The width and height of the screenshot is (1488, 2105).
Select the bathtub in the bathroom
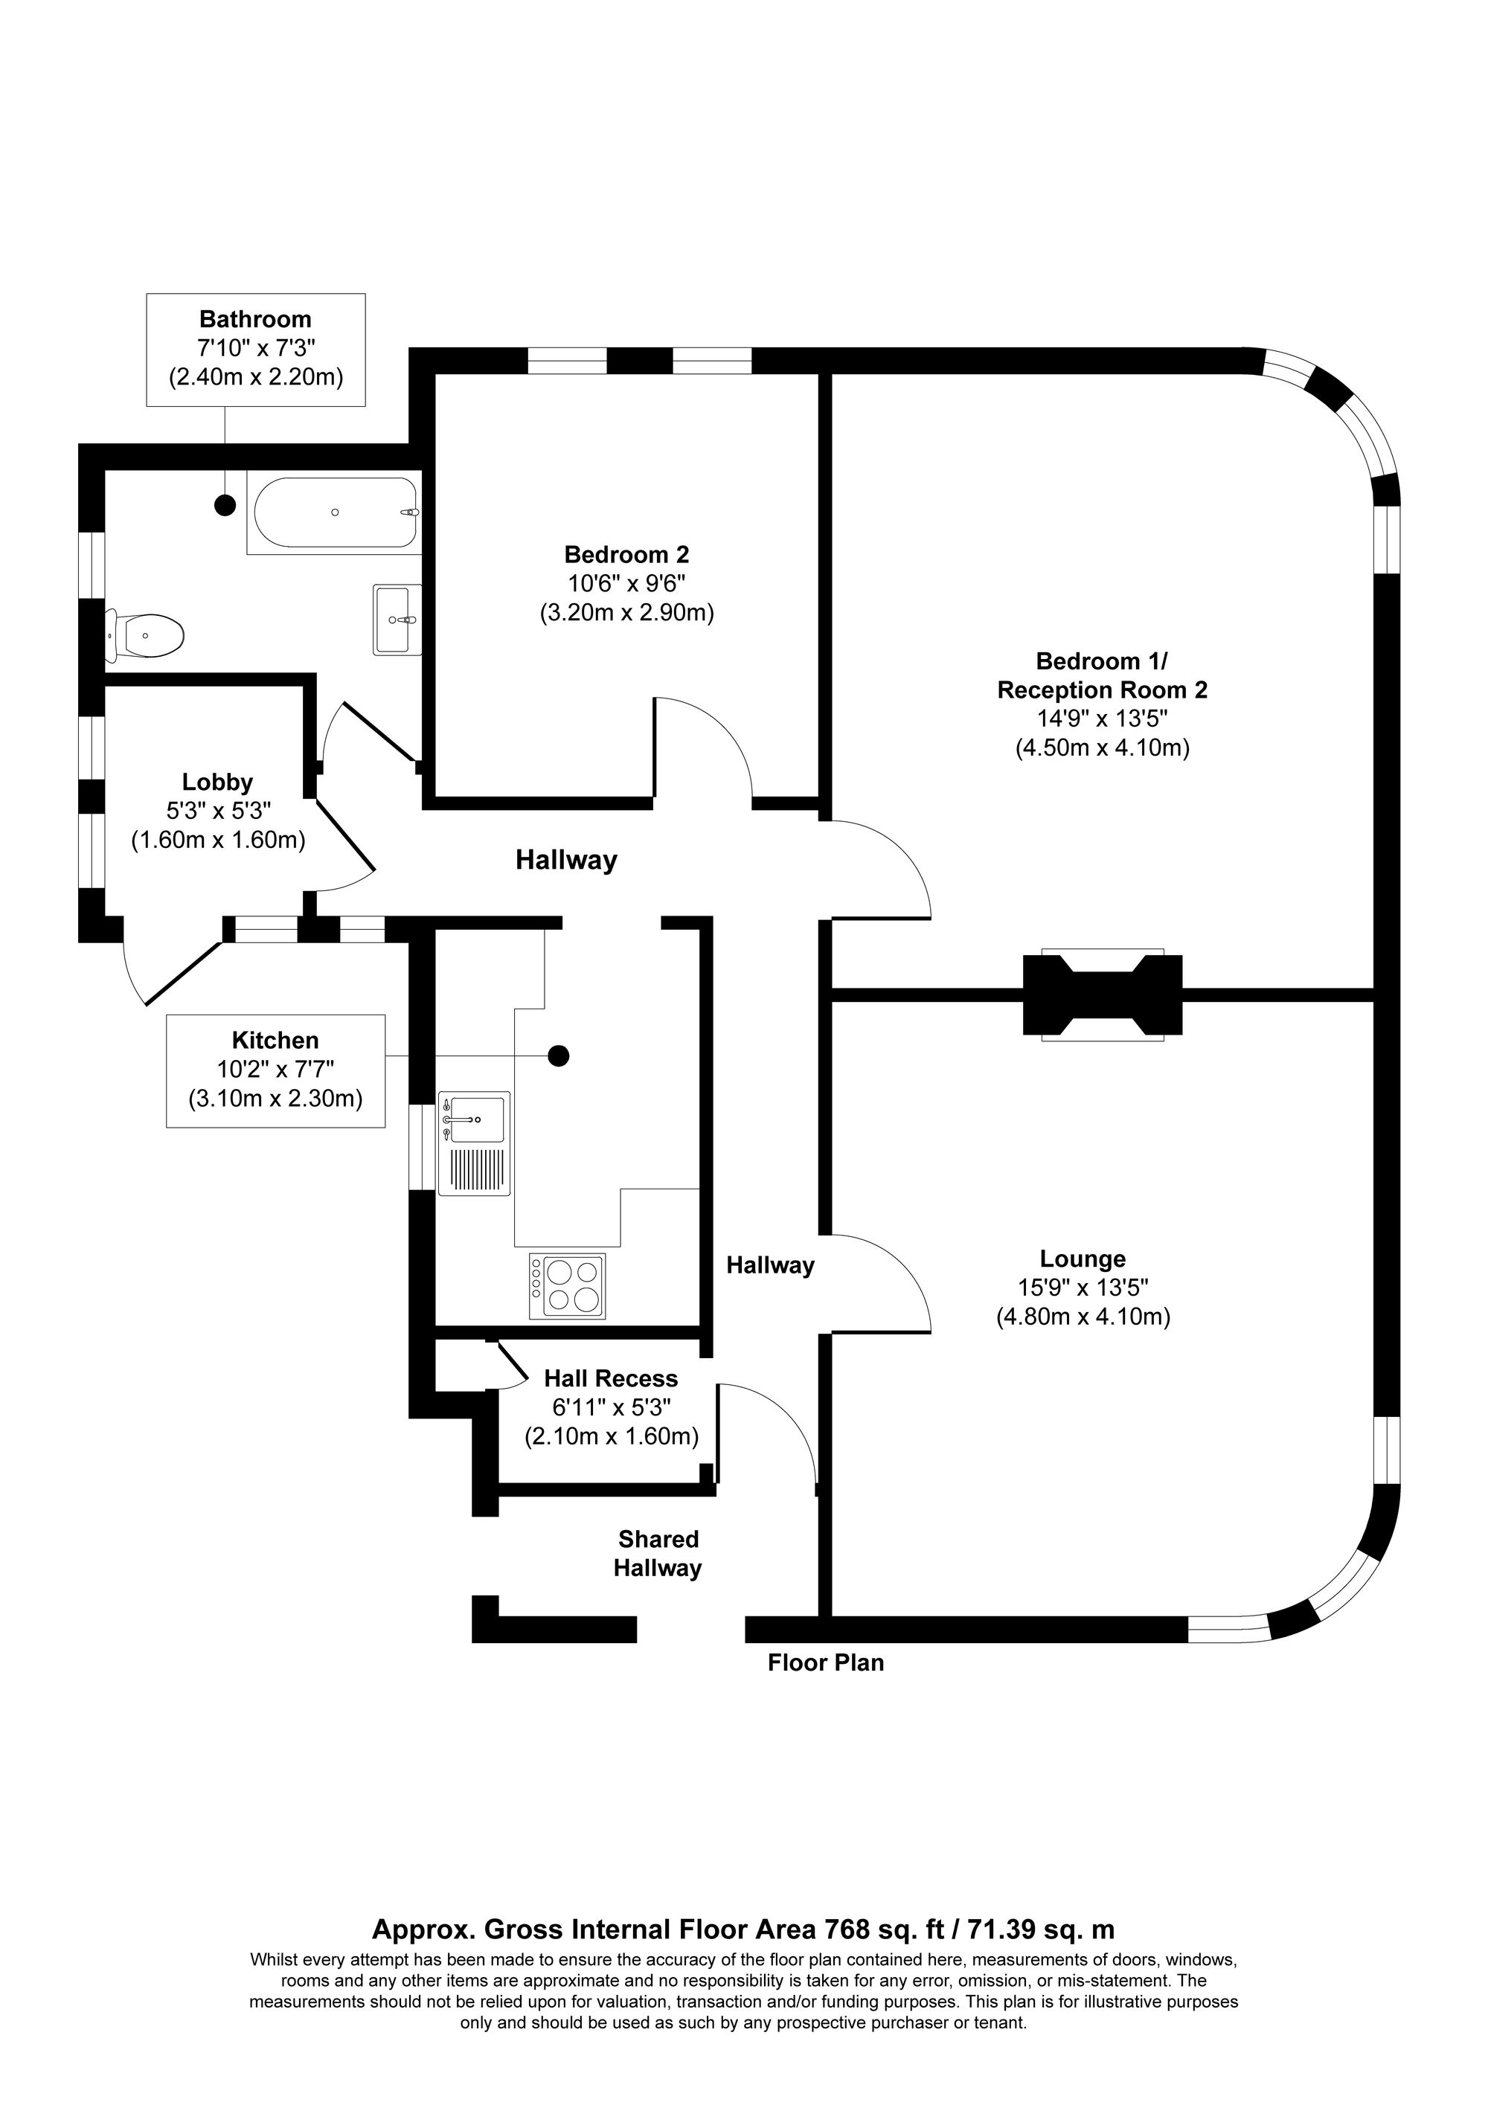[x=336, y=513]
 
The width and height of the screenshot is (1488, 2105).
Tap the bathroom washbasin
[x=398, y=620]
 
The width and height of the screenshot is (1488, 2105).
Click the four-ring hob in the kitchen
[x=568, y=1286]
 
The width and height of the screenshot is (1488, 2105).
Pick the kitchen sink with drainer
[x=474, y=1143]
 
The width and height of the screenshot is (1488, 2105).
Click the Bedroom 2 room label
[x=626, y=555]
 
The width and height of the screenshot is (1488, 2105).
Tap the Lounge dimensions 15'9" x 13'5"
[x=1083, y=1288]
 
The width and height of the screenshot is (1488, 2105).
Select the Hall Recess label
[x=611, y=1378]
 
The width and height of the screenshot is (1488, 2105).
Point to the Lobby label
[x=217, y=782]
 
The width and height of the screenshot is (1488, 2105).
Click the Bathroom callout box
[x=256, y=350]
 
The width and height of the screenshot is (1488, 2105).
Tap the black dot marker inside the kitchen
[x=557, y=1056]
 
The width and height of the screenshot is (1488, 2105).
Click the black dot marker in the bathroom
[x=225, y=504]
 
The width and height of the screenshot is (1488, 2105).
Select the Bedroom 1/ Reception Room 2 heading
[x=1102, y=675]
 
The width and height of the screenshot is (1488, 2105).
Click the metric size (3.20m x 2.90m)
[x=626, y=612]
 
